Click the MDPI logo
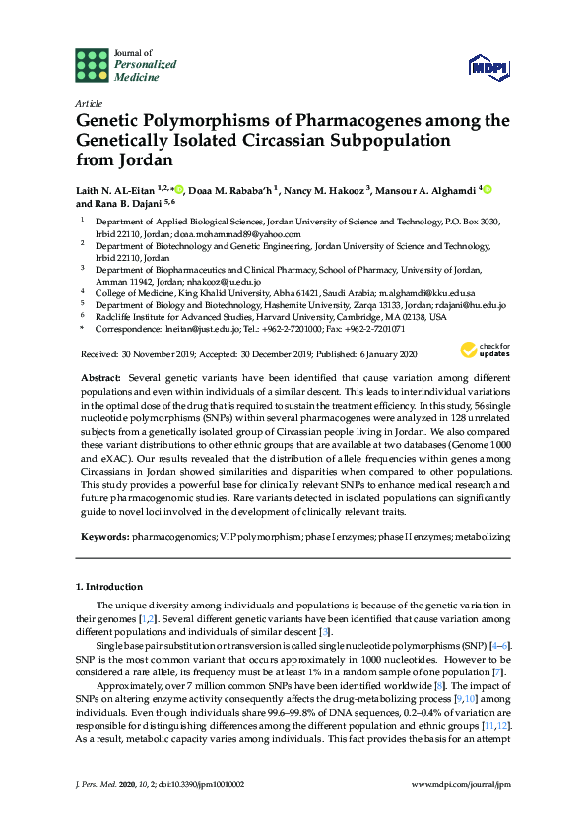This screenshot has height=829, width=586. pos(488,66)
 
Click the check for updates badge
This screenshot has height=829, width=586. pos(487,350)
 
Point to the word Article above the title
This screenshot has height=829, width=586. pos(88,102)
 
